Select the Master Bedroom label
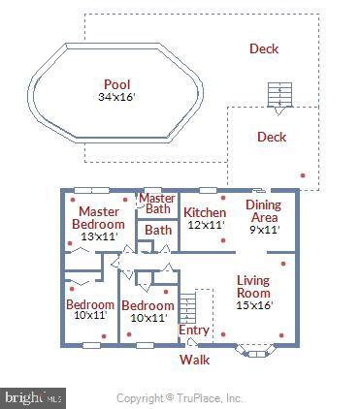[98, 218]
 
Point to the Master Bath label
[157, 204]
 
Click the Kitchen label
[205, 212]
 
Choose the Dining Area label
[263, 211]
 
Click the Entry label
[194, 330]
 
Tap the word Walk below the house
[194, 360]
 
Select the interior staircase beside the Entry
[202, 308]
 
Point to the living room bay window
[256, 352]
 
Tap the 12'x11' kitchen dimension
[205, 225]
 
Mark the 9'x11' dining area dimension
[263, 230]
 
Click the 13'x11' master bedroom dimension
[98, 236]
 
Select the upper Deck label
[264, 49]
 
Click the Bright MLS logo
[34, 396]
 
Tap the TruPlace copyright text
[180, 397]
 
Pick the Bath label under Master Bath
[157, 231]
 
